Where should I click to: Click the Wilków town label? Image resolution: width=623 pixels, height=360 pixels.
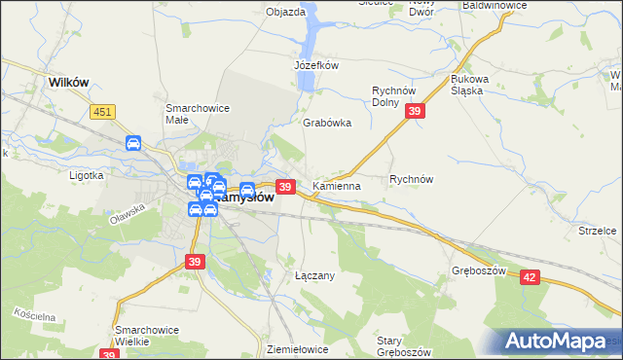(68, 83)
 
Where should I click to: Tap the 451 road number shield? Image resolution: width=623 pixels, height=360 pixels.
(104, 113)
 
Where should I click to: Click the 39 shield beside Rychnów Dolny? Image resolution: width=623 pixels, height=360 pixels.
(416, 113)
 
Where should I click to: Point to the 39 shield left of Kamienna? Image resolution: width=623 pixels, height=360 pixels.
(285, 186)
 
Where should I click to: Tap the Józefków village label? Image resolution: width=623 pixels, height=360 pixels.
(315, 65)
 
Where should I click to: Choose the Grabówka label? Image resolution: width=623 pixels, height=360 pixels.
(327, 124)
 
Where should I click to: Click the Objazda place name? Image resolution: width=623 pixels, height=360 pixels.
(285, 13)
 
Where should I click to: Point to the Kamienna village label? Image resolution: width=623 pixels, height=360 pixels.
(337, 185)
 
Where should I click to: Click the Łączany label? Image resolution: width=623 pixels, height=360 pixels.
(314, 275)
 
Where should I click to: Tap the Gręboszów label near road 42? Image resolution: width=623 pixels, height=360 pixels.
(480, 270)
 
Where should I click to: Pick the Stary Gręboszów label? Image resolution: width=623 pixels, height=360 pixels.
(403, 346)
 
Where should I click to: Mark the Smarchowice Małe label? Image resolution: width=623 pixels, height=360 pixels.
(198, 113)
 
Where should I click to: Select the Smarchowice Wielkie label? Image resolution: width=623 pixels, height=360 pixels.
(146, 336)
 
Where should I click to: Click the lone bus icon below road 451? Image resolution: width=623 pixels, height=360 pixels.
(133, 144)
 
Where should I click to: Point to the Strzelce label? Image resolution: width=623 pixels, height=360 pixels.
(599, 231)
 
